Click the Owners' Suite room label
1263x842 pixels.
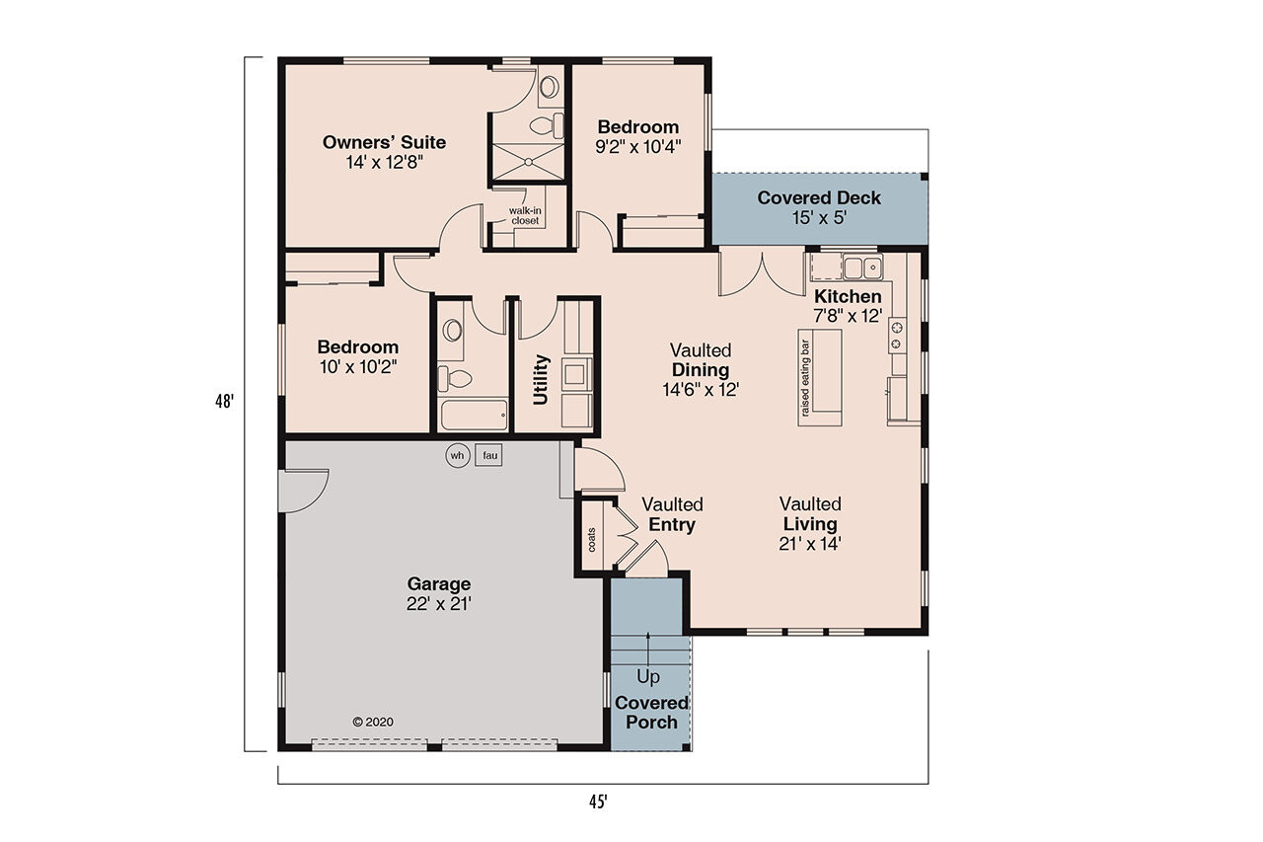click(x=384, y=142)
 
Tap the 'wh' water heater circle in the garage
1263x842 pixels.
click(x=457, y=455)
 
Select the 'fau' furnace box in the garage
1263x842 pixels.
click(x=488, y=455)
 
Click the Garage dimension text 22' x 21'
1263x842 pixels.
click(x=439, y=604)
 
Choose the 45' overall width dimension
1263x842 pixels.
click(x=597, y=802)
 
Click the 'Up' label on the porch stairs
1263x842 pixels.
click(x=648, y=677)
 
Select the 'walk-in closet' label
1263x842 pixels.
click(x=524, y=215)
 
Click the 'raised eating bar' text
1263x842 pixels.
click(x=805, y=379)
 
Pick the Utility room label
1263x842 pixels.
click(x=541, y=380)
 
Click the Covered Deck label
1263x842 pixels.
click(x=819, y=198)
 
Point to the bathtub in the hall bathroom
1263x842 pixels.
click(x=474, y=415)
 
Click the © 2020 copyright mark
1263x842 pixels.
click(x=373, y=722)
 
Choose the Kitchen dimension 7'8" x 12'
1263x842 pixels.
click(x=848, y=316)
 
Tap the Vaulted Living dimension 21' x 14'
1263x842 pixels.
click(x=809, y=543)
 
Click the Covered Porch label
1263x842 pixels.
click(x=651, y=712)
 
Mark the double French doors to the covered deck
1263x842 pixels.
click(x=762, y=273)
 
